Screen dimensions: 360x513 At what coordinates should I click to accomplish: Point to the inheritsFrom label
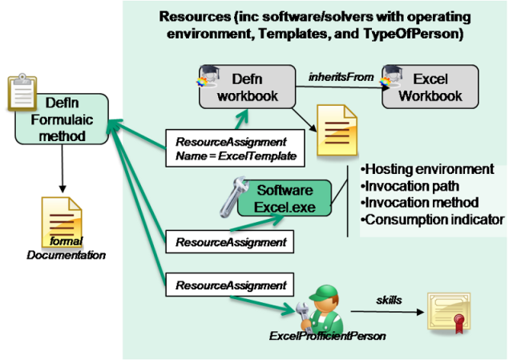[341, 76]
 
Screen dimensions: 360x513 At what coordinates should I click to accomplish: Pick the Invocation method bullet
[419, 202]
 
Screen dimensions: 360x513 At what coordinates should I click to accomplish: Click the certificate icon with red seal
[451, 316]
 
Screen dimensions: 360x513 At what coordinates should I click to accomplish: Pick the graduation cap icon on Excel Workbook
[390, 75]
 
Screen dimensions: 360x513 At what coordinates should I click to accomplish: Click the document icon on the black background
[62, 220]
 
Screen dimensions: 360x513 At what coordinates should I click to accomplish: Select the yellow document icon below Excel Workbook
[337, 132]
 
